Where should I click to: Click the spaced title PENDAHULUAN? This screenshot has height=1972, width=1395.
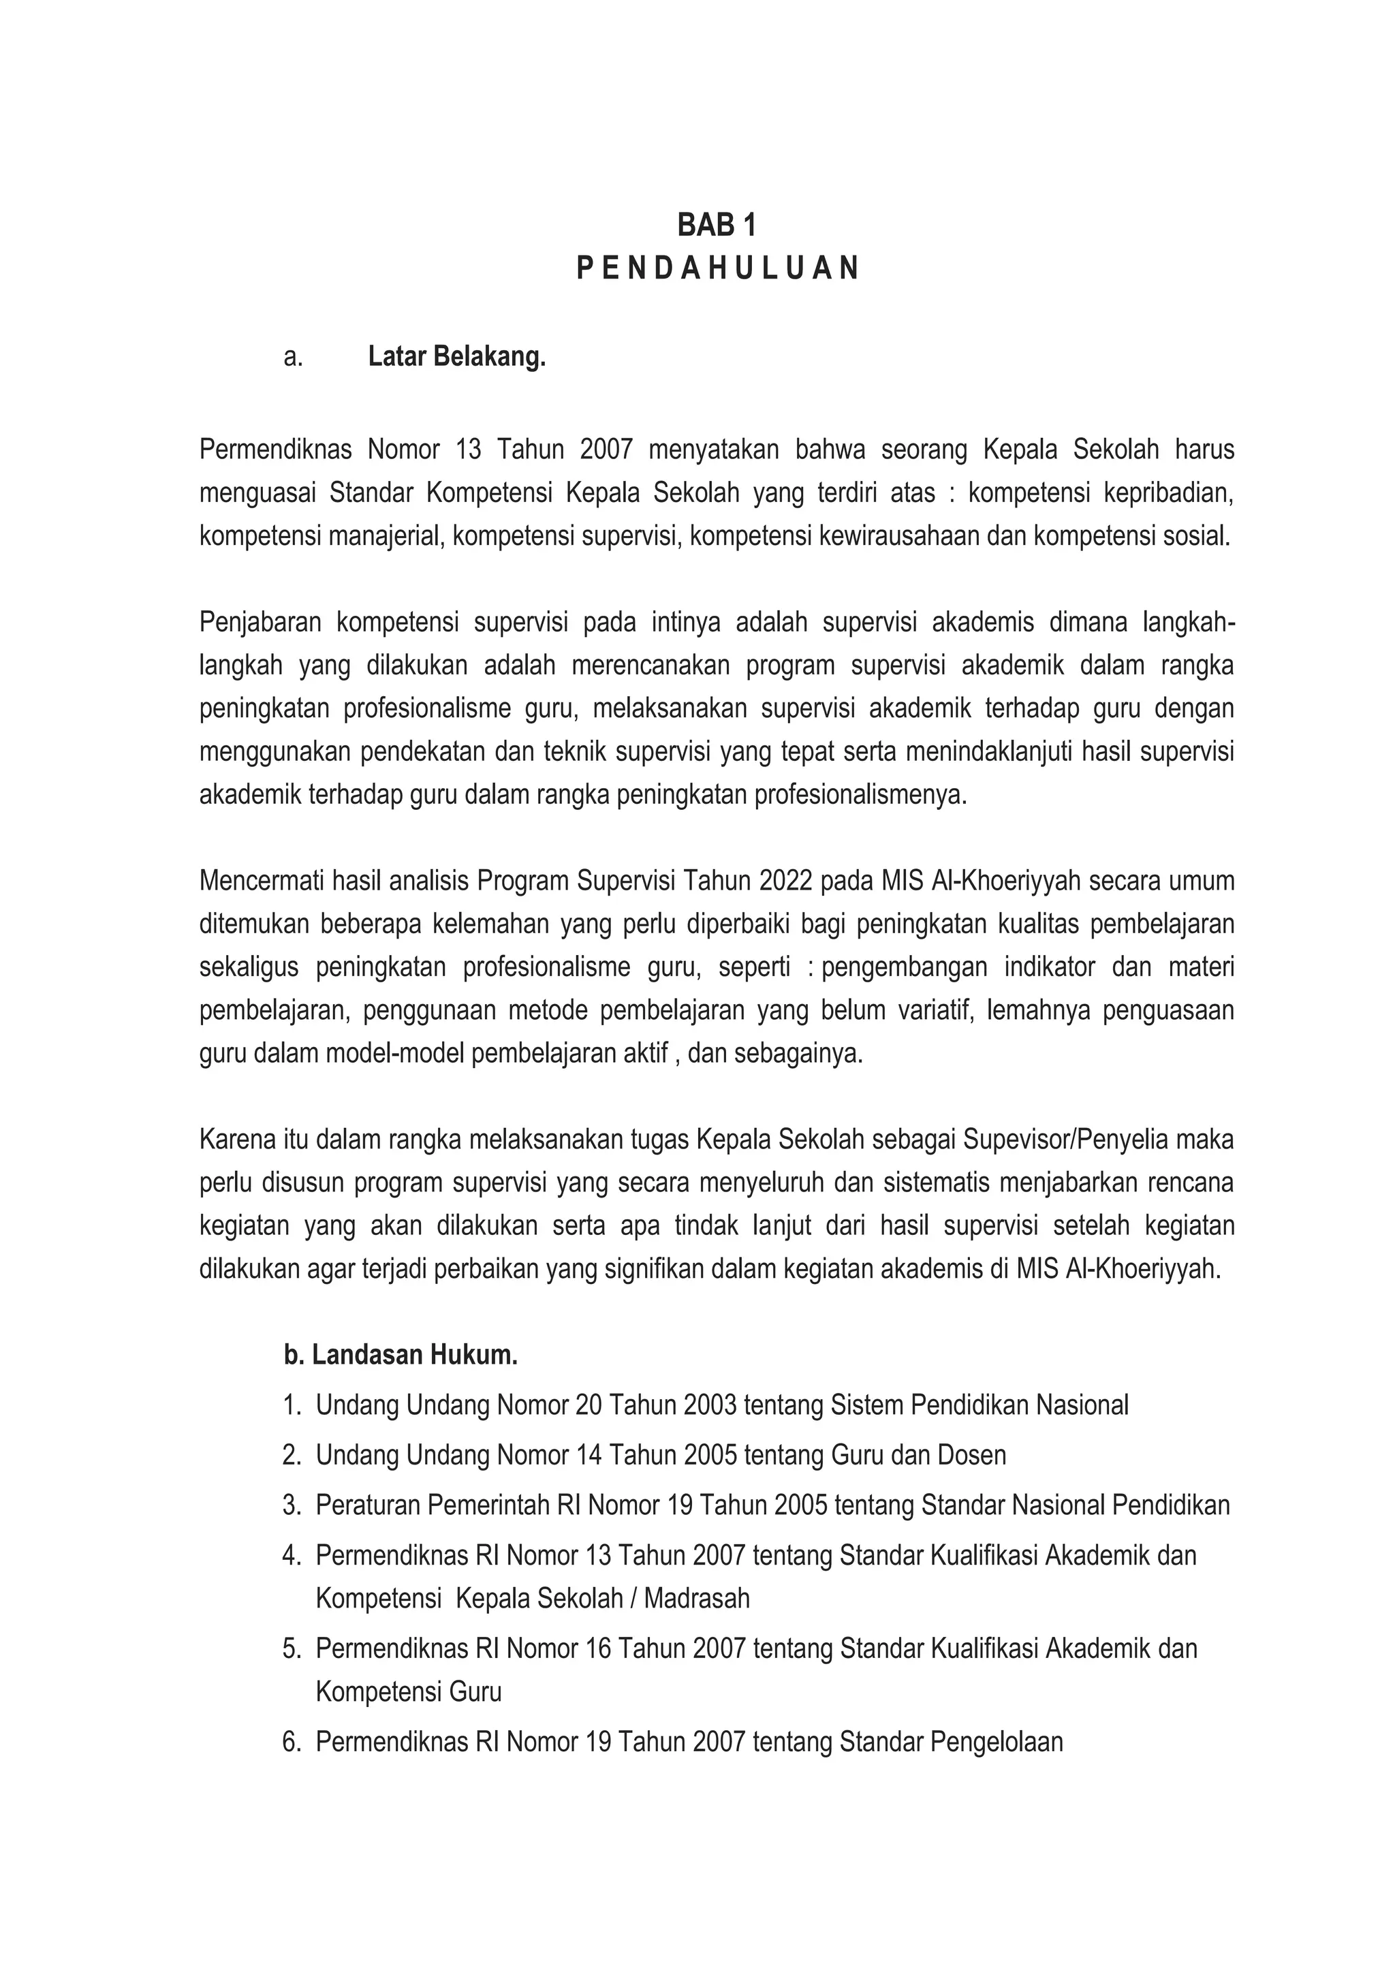point(717,269)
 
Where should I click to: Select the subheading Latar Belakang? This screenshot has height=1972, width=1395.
point(457,356)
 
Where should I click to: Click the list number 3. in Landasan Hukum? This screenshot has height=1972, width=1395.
point(292,1505)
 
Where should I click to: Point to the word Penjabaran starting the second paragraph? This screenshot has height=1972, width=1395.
point(260,622)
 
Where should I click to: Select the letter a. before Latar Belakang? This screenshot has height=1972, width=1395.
point(293,356)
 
